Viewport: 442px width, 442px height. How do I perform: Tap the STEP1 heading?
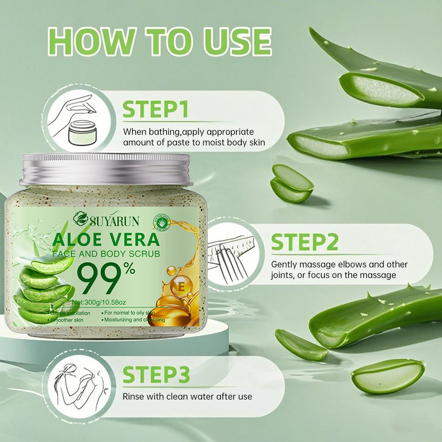(155, 109)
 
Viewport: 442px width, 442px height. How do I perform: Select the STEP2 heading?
(305, 242)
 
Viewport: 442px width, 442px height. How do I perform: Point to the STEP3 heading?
(156, 374)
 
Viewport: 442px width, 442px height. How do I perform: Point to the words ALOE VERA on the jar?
(106, 239)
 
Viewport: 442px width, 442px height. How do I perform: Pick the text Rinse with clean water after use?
(187, 396)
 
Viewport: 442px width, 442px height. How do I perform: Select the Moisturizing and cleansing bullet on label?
(134, 320)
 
